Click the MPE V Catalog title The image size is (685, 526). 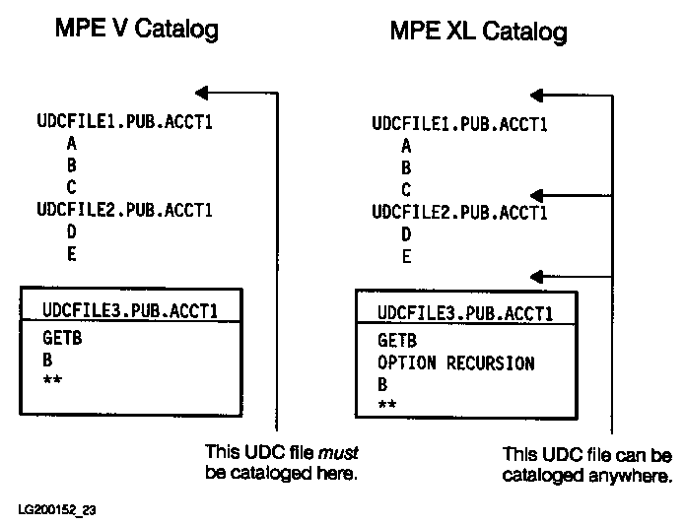[135, 30]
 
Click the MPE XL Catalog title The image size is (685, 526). [478, 32]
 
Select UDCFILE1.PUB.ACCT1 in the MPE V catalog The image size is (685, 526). [125, 123]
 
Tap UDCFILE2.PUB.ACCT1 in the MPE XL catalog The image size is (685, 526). [459, 212]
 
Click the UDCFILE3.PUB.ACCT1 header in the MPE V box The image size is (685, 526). [130, 311]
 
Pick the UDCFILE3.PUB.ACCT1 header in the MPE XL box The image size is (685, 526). [464, 314]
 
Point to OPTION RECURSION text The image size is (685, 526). [455, 363]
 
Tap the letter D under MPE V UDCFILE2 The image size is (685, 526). [72, 231]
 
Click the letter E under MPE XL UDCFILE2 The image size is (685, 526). [406, 257]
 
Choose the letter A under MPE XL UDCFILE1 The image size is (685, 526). [406, 146]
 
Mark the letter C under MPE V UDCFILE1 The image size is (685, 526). [72, 186]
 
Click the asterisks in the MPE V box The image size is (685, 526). [52, 379]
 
